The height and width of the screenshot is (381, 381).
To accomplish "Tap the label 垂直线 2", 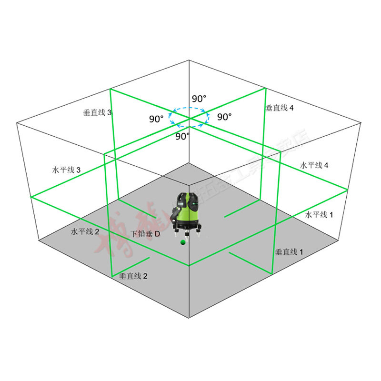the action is (x=133, y=276).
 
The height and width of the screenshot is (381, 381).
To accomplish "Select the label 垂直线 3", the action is (x=98, y=113).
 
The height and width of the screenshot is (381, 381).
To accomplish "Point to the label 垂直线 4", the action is (x=280, y=108).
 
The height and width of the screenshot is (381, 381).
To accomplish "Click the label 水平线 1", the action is (x=319, y=215).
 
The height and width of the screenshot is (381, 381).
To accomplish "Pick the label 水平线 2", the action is (x=85, y=232).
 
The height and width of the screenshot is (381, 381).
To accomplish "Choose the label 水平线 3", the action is (x=66, y=170).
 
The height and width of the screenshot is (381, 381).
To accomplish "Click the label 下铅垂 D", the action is (x=146, y=234).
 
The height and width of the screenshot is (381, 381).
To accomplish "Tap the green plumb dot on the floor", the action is (x=182, y=243).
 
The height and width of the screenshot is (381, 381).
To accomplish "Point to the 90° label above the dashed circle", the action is (x=199, y=99).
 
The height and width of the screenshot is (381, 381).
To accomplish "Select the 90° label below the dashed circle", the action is (x=182, y=136).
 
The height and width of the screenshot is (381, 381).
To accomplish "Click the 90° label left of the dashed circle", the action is (x=156, y=119).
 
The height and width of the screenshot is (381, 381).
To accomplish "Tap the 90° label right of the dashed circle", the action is (x=225, y=116).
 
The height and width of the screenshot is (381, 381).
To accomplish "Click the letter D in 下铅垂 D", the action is (x=157, y=234).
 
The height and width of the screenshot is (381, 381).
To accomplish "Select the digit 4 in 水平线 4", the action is (x=326, y=165).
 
